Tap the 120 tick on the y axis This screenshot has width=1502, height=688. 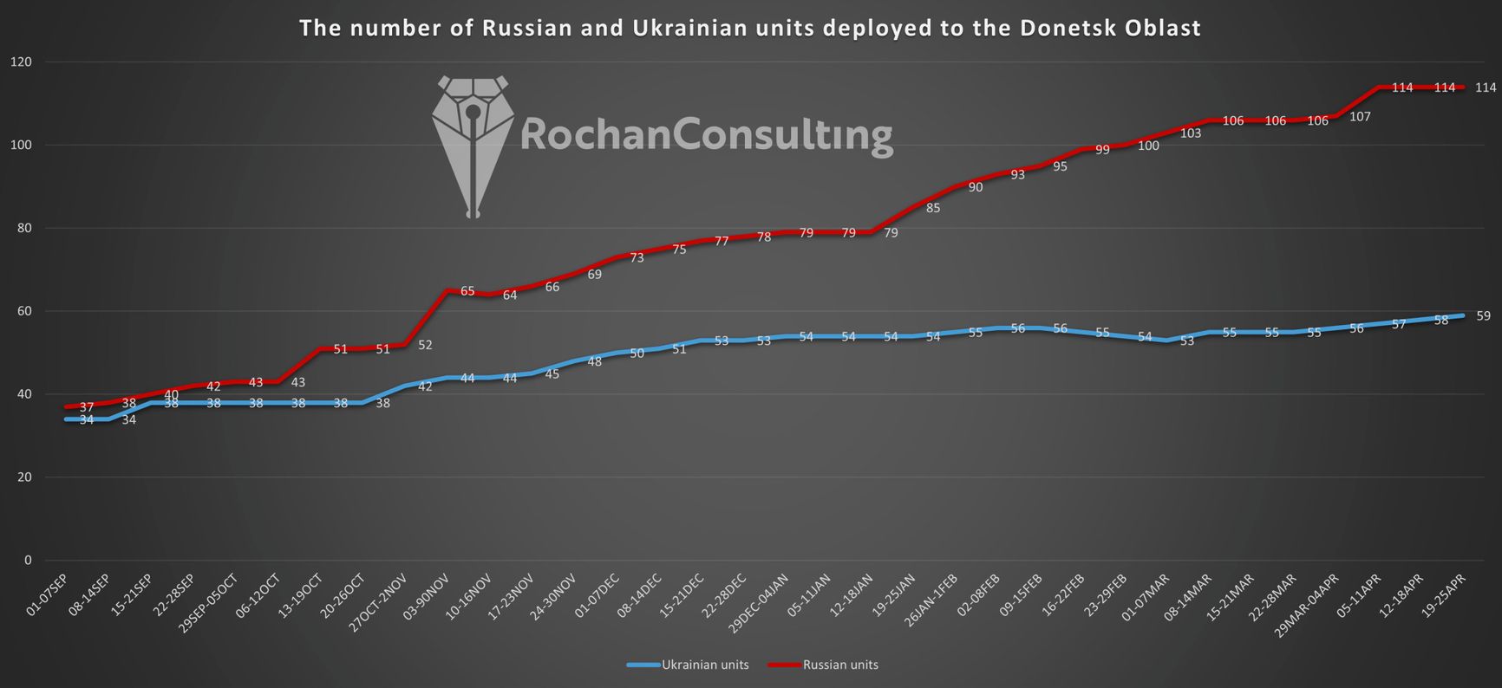point(21,62)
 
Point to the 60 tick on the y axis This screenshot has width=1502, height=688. point(24,311)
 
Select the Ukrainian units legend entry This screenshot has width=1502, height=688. point(688,665)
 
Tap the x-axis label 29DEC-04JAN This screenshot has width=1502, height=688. point(758,604)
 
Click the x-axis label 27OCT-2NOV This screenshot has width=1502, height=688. point(377,602)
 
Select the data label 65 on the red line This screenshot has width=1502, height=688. point(467,291)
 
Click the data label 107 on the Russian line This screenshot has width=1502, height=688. point(1360,117)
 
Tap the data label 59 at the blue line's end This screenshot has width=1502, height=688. point(1483,316)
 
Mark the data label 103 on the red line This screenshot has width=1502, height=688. point(1190,133)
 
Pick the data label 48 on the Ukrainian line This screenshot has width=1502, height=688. point(595,361)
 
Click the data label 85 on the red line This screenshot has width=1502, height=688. point(933,208)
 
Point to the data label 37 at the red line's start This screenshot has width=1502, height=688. point(87,407)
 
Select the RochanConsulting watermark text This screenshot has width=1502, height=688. point(706,135)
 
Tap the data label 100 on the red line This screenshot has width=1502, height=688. point(1147,146)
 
